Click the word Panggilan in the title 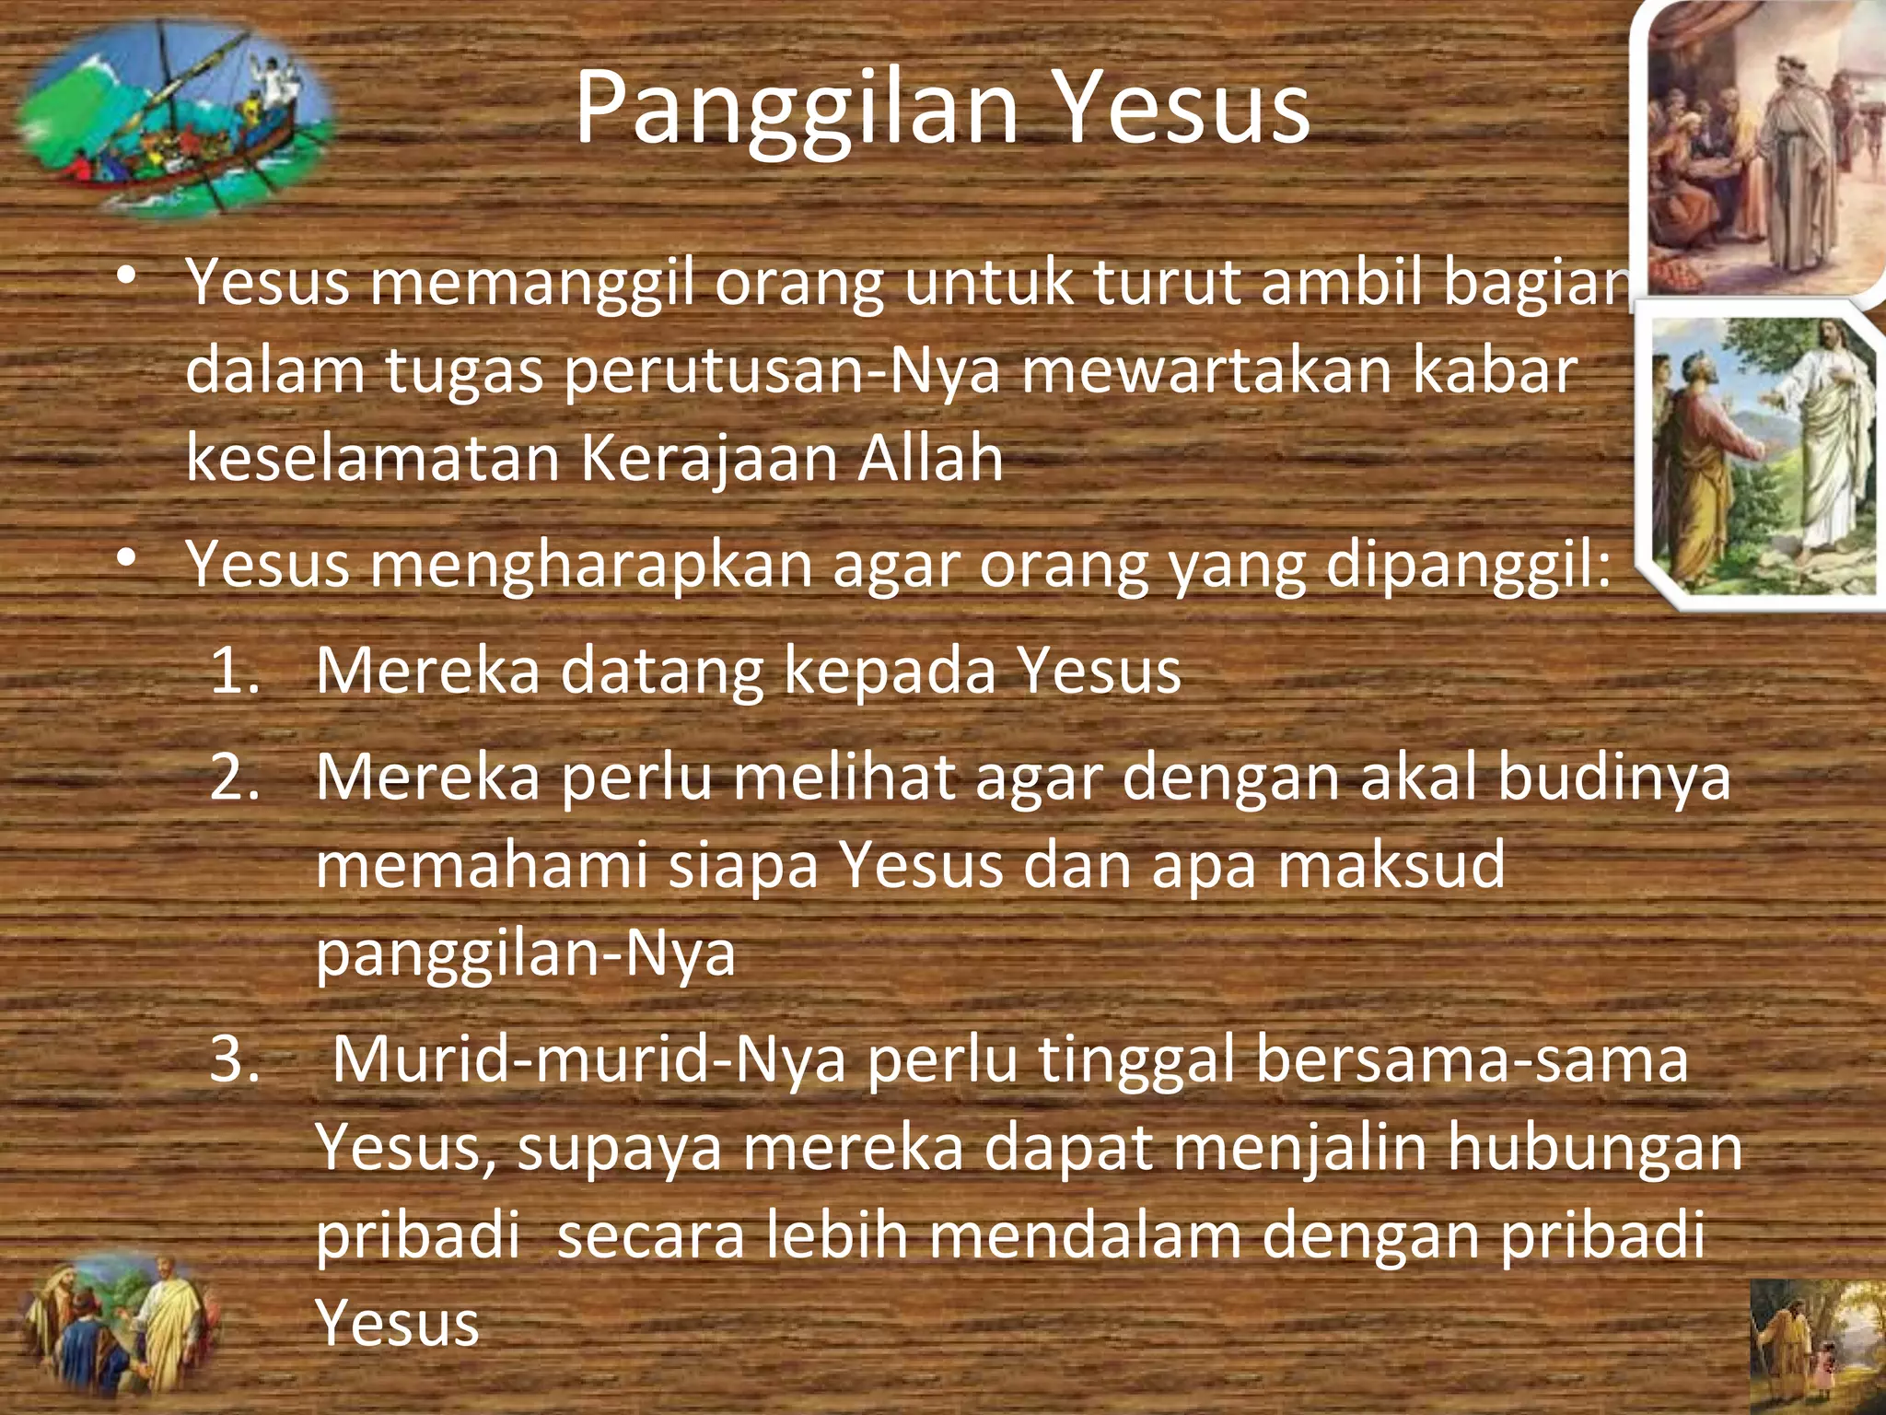pyautogui.click(x=797, y=111)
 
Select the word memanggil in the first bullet pyautogui.click(x=533, y=283)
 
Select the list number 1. pyautogui.click(x=235, y=671)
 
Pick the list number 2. pyautogui.click(x=235, y=778)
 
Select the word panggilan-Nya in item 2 pyautogui.click(x=526, y=953)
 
